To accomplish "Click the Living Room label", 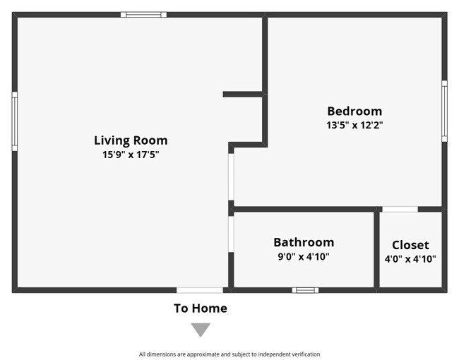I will click(x=131, y=140).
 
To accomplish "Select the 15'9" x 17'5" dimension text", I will click(x=131, y=154).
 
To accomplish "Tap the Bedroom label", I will click(x=354, y=111).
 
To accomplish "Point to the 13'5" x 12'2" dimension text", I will click(x=354, y=124).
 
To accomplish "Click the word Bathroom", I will click(x=304, y=242).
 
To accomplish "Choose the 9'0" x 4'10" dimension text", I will click(x=304, y=256).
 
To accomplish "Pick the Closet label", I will click(x=410, y=245).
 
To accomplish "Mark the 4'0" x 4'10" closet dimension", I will click(x=410, y=258).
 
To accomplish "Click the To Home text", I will click(x=201, y=308).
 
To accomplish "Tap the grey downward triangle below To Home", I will click(x=201, y=329).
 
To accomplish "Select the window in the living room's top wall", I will click(x=143, y=14).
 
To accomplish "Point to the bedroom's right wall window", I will click(x=444, y=111).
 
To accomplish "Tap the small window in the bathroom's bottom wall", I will click(x=305, y=289).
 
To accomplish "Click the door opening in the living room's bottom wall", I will click(x=200, y=289).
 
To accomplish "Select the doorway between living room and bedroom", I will click(x=231, y=176).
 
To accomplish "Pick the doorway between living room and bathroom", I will click(x=231, y=234).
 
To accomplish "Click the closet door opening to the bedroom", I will click(x=400, y=209).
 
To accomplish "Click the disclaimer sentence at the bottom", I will click(x=229, y=354).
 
